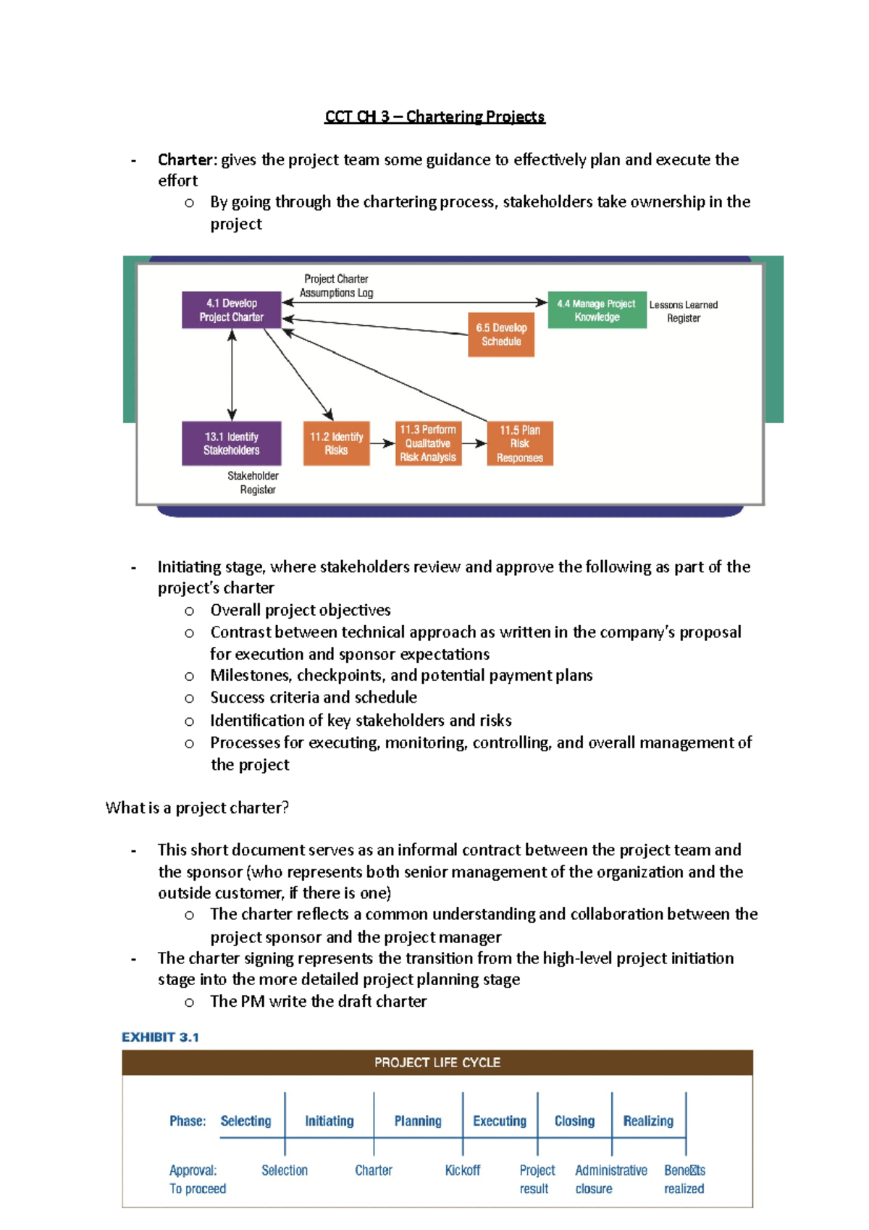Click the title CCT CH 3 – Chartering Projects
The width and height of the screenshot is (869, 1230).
pos(434,117)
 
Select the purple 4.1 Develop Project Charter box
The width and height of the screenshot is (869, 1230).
pos(232,310)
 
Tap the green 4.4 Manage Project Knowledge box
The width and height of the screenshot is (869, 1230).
pos(597,310)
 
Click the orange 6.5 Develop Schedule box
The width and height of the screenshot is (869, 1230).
pos(501,335)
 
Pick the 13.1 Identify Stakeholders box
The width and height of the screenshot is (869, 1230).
pos(232,443)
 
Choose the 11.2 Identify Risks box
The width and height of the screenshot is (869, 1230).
pos(336,443)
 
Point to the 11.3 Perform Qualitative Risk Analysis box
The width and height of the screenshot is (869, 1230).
pos(428,443)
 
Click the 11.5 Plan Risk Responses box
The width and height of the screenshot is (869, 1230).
pos(520,443)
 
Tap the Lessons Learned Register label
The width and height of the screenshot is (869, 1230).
pos(684,311)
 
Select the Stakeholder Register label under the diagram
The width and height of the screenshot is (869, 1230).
pos(253,482)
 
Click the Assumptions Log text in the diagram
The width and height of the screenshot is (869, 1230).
pos(336,293)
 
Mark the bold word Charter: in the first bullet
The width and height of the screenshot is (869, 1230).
pos(187,159)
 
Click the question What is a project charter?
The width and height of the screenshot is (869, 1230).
pos(197,808)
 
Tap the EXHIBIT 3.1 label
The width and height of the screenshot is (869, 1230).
pos(160,1037)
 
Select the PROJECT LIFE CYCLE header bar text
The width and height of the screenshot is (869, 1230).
pos(437,1063)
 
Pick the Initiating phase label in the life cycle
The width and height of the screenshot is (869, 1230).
pos(329,1121)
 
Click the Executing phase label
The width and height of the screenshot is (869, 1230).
pos(500,1121)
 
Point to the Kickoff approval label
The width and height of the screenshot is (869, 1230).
pos(463,1171)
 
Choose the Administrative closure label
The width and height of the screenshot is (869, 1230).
pos(610,1179)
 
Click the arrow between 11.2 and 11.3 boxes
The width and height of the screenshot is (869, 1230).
pos(382,443)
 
